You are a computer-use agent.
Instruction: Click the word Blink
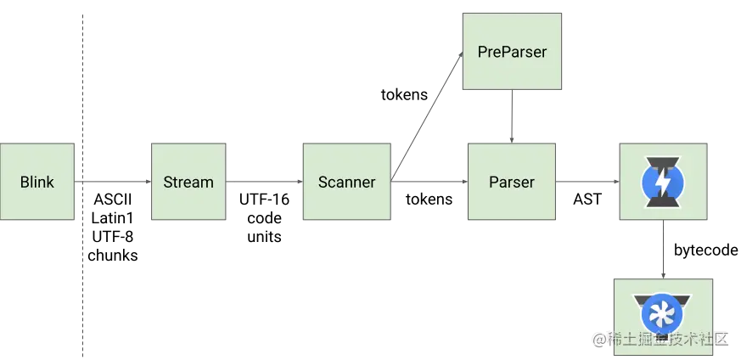[x=36, y=182]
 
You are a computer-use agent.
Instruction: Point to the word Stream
[x=188, y=182]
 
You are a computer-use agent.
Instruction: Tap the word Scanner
[x=346, y=182]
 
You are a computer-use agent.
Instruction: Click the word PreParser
[x=512, y=52]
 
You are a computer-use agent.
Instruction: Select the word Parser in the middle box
[x=512, y=182]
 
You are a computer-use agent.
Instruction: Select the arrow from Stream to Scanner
[x=264, y=180]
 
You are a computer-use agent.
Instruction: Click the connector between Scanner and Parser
[x=428, y=179]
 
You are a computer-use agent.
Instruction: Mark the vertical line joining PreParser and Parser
[x=512, y=118]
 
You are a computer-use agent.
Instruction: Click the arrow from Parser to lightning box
[x=587, y=180]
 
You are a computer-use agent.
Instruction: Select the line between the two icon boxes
[x=661, y=250]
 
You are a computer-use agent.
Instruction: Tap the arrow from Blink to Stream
[x=119, y=180]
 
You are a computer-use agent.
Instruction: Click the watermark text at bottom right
[x=661, y=339]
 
